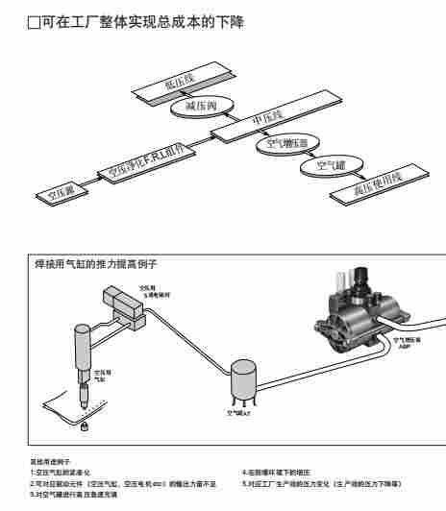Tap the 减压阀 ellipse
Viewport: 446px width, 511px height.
[198, 106]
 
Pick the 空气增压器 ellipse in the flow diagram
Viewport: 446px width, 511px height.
[285, 145]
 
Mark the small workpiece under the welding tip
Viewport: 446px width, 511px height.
[84, 424]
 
